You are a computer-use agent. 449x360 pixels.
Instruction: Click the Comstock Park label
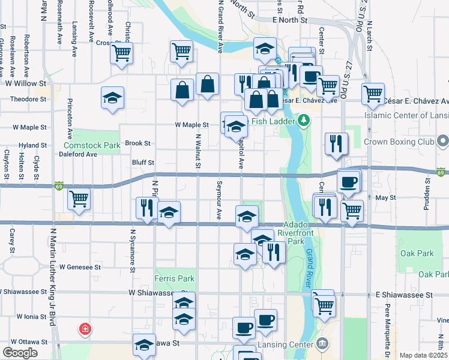(x=91, y=145)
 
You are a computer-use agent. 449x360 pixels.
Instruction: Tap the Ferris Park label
(x=174, y=278)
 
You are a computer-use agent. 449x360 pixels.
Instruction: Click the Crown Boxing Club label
(x=397, y=142)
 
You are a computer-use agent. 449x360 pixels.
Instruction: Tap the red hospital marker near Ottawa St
(x=85, y=329)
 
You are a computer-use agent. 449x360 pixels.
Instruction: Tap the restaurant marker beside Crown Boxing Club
(x=336, y=143)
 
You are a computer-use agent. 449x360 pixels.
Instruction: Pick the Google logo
(x=19, y=353)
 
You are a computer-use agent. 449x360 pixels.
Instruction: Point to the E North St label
(x=289, y=20)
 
